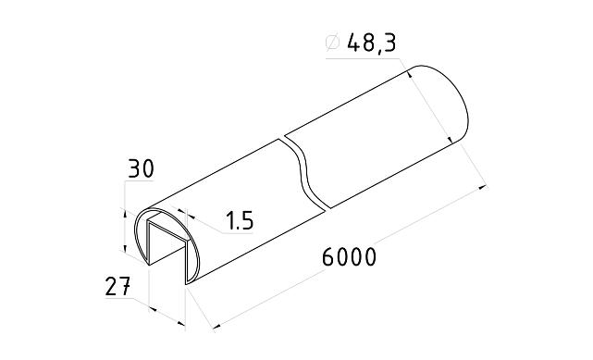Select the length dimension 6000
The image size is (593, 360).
click(x=349, y=257)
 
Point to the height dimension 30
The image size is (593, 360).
click(x=141, y=169)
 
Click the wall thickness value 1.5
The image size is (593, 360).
click(x=239, y=221)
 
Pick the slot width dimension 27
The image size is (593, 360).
click(x=117, y=287)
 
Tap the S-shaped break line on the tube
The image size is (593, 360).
click(x=305, y=171)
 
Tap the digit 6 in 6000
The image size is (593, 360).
click(x=328, y=257)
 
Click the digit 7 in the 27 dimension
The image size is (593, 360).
click(x=125, y=287)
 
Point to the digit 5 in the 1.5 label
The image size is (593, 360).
click(x=247, y=221)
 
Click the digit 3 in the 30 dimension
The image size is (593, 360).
click(x=134, y=169)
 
